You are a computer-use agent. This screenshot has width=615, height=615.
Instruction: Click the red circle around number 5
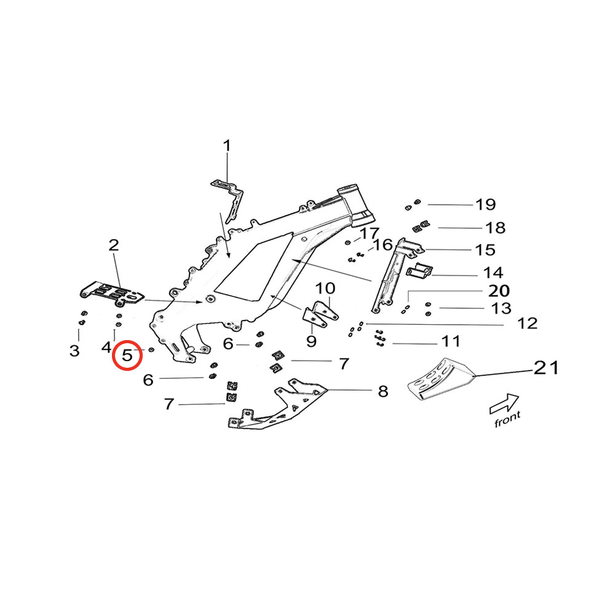click(127, 355)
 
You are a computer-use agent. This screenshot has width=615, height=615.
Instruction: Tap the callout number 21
click(546, 368)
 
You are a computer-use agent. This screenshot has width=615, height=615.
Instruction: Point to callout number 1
click(227, 146)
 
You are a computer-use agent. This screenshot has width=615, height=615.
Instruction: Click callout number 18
click(495, 228)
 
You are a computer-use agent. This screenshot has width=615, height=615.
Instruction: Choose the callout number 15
click(485, 250)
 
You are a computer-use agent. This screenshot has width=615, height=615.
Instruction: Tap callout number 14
click(493, 272)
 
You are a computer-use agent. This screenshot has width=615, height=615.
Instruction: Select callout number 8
click(383, 391)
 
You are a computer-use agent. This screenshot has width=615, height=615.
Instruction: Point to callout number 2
click(114, 245)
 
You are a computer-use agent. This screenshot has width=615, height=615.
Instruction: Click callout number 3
click(74, 351)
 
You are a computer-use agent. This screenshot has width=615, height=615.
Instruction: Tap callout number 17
click(370, 233)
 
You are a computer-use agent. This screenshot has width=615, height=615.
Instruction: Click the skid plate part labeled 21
click(440, 380)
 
